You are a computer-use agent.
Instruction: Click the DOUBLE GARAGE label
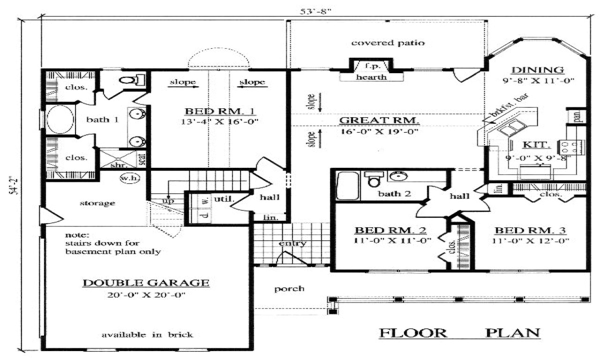[146, 283]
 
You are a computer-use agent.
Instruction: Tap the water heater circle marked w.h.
[127, 179]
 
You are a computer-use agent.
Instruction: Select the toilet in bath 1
[130, 80]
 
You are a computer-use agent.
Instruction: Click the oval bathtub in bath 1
[60, 120]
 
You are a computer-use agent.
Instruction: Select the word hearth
[371, 77]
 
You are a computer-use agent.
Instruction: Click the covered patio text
[388, 43]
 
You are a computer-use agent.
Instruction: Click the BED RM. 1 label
[219, 111]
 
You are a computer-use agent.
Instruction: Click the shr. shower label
[116, 165]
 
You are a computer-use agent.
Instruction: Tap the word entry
[292, 243]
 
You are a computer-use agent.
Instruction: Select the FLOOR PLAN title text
[459, 333]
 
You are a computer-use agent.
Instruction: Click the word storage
[97, 203]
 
